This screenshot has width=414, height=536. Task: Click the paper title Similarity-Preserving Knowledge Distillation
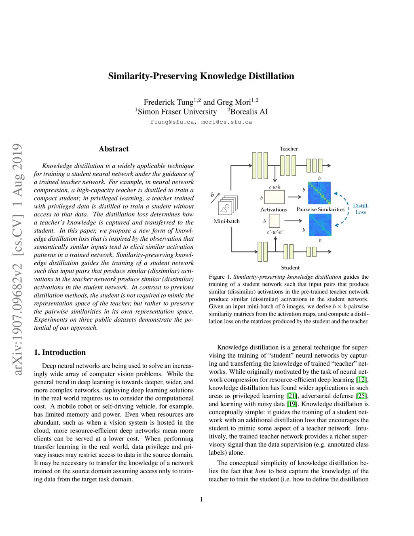(201, 76)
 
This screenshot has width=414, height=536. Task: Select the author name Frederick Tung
(168, 102)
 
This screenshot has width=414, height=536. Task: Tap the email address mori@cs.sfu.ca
(226, 122)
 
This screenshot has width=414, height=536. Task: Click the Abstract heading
(114, 149)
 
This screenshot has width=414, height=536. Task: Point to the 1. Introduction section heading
(60, 352)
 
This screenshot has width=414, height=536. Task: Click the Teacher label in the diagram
(289, 149)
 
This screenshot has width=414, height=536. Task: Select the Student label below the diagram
(290, 268)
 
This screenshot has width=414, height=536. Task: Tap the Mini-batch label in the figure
(227, 221)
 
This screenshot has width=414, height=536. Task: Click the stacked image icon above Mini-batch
(228, 205)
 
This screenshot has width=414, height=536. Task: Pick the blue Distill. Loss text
(361, 209)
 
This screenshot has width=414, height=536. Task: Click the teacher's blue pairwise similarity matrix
(319, 193)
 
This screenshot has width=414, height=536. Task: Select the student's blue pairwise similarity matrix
(320, 225)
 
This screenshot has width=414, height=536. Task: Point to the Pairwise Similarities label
(320, 210)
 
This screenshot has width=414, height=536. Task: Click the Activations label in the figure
(273, 210)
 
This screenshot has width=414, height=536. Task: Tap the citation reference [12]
(361, 380)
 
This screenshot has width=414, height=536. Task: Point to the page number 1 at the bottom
(201, 499)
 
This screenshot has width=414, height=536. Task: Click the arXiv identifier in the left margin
(17, 259)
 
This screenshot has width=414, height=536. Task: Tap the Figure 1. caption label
(220, 277)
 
